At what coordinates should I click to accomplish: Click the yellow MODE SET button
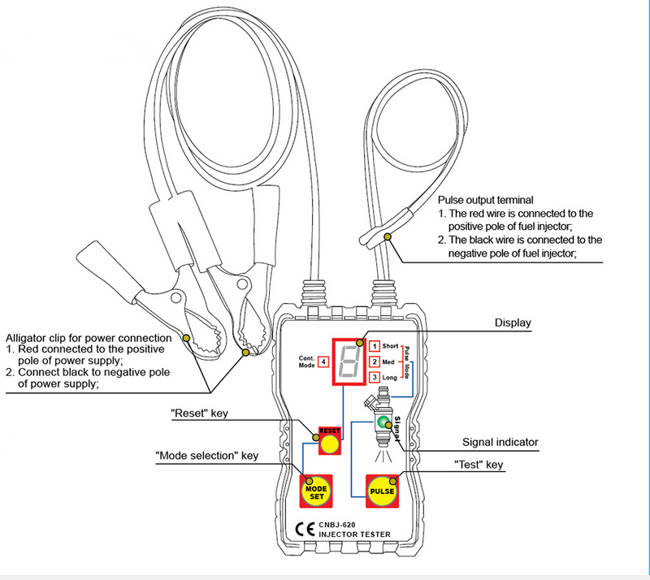tap(316, 491)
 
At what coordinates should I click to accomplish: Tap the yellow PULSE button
tap(383, 491)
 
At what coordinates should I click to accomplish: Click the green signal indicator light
tap(382, 422)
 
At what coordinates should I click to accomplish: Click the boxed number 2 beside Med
tap(374, 362)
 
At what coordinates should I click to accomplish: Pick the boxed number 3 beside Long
tap(374, 378)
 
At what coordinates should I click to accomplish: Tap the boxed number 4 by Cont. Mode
tap(323, 361)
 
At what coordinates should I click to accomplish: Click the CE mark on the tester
tap(301, 527)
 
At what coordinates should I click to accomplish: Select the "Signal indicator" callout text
tap(500, 442)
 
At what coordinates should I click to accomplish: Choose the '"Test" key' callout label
tap(479, 465)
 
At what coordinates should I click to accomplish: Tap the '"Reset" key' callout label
tap(200, 413)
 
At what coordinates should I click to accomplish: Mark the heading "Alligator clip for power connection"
tap(89, 337)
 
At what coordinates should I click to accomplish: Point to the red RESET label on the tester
tap(328, 430)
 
